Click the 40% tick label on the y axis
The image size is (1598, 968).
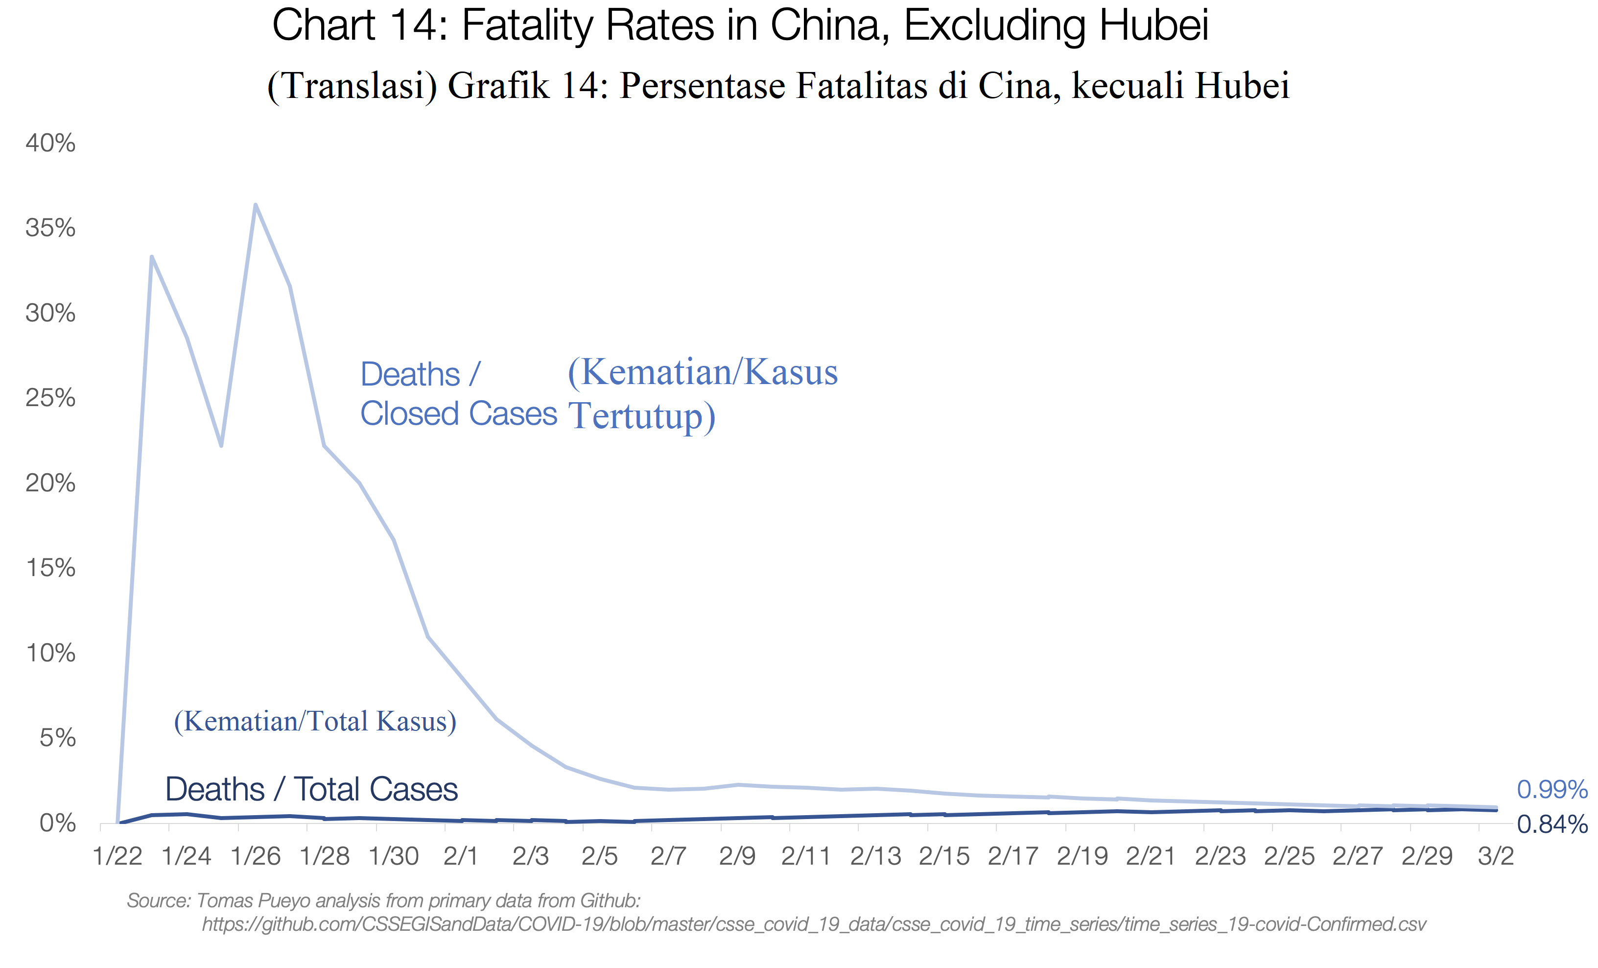(50, 144)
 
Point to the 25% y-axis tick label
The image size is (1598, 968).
(50, 398)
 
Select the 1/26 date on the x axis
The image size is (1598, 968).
(256, 856)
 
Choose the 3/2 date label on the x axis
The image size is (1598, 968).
(1496, 856)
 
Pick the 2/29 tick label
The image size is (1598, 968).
(1427, 856)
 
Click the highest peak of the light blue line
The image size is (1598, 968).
(256, 205)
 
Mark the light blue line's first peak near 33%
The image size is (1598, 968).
(152, 257)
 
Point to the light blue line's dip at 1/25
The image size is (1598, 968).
(221, 445)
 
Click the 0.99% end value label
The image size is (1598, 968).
(1551, 790)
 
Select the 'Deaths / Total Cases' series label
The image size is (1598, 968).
(311, 790)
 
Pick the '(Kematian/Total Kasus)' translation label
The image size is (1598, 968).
(315, 722)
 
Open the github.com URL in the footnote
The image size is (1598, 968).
(814, 924)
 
